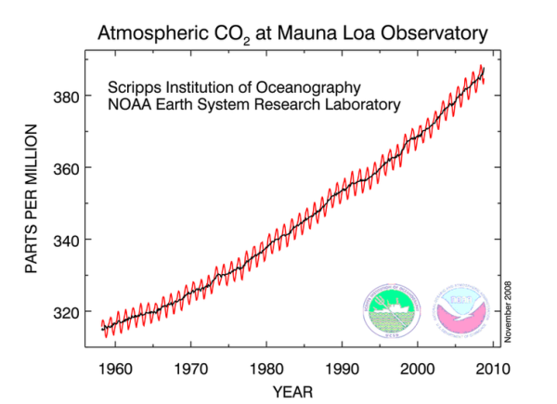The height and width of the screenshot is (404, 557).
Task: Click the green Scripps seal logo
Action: pyautogui.click(x=390, y=309)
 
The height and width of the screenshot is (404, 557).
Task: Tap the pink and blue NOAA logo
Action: pyautogui.click(x=461, y=309)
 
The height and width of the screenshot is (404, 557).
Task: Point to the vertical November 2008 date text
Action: pyautogui.click(x=510, y=306)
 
